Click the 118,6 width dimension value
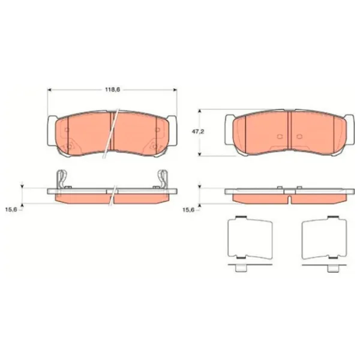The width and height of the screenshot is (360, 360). pos(113,90)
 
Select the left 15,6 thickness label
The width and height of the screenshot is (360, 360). pos(11,209)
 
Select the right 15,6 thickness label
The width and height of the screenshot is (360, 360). pos(189,209)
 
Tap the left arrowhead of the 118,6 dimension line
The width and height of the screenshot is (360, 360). pos(50,90)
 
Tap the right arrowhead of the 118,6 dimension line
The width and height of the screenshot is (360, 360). pos(175,90)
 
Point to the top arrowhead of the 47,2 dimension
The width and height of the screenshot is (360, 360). pos(200,112)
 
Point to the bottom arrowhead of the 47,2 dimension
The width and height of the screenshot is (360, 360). pos(200,154)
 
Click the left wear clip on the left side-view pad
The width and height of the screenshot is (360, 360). pos(62,179)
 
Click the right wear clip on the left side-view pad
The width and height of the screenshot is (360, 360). pos(163,179)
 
